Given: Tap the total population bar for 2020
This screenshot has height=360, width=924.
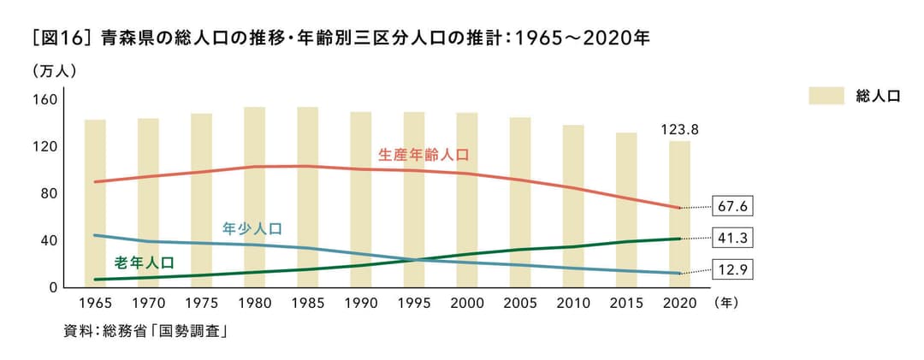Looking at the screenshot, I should click(x=679, y=214).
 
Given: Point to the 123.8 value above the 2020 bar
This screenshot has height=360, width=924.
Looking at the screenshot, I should click(x=680, y=130).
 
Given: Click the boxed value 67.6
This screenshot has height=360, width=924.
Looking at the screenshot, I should click(x=734, y=207).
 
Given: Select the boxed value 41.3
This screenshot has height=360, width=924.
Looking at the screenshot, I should click(x=734, y=238).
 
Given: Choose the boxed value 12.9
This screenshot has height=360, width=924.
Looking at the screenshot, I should click(x=734, y=269).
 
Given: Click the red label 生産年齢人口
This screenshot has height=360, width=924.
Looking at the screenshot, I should click(x=423, y=155).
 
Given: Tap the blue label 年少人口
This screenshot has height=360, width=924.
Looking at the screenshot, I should click(x=252, y=228).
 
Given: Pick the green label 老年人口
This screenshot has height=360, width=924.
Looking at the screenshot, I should click(x=144, y=263).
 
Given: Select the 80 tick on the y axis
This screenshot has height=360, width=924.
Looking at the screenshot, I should click(x=48, y=193).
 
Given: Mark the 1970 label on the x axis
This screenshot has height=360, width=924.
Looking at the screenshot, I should click(x=148, y=303).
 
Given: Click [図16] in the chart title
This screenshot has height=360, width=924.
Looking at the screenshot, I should click(x=61, y=38).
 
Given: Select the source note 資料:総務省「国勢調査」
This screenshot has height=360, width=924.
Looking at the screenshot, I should click(x=145, y=331).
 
